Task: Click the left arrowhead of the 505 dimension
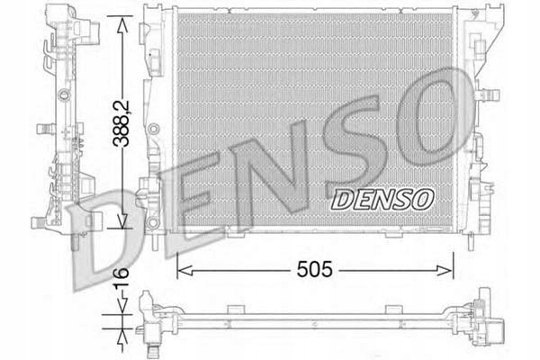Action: (181, 267)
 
